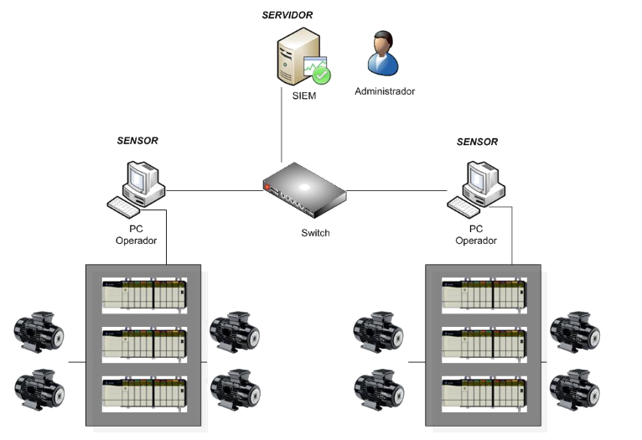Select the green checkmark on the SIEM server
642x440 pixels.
coord(322,75)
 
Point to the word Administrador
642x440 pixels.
coord(385,91)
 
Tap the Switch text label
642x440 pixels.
coord(315,233)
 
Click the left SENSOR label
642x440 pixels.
coord(137,141)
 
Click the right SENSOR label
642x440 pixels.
coord(477,142)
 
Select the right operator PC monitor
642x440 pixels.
coord(484,179)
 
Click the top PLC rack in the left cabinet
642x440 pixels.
coord(143,295)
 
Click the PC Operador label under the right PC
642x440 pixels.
coord(476,234)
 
